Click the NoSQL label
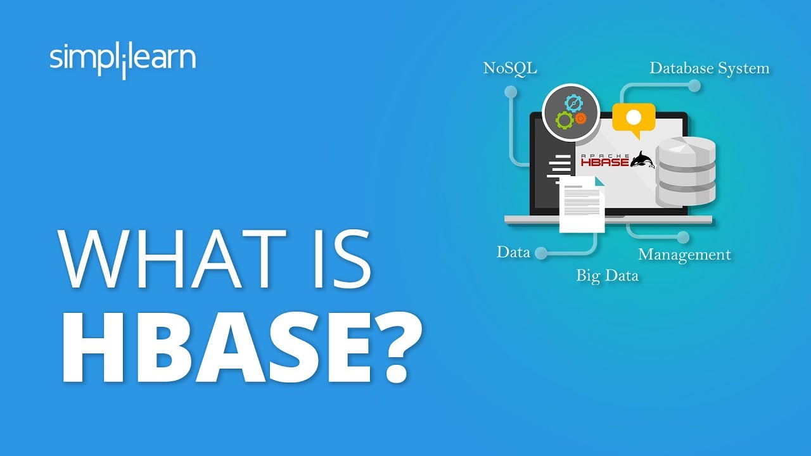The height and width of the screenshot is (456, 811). [510, 68]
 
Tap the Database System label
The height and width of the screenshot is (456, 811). [709, 68]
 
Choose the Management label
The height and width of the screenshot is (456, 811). [684, 255]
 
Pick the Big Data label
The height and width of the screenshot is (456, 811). [607, 275]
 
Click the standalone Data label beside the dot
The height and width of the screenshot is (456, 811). [513, 252]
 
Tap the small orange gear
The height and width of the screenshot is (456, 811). [580, 118]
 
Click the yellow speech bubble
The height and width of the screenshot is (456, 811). [633, 118]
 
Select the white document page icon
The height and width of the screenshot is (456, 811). [582, 204]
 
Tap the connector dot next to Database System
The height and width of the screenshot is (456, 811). [694, 86]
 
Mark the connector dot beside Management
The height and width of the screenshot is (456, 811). [682, 237]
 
